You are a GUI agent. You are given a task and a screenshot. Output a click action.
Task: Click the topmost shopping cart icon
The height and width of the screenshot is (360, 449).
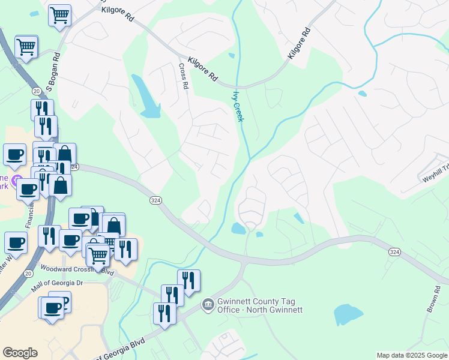(x=59, y=15)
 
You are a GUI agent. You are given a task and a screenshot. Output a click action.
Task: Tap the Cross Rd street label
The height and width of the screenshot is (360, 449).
(x=182, y=76)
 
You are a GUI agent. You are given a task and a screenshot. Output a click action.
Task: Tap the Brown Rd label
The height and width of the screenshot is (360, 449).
(x=433, y=298)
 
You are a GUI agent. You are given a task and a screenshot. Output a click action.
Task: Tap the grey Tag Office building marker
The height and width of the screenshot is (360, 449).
(x=208, y=305)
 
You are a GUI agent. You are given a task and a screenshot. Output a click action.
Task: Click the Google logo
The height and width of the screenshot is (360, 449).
(x=20, y=353)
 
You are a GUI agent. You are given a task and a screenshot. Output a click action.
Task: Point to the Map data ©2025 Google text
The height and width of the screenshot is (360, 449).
(x=411, y=355)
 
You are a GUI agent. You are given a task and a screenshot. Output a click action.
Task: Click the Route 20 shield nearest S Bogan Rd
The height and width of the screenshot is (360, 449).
(x=37, y=91)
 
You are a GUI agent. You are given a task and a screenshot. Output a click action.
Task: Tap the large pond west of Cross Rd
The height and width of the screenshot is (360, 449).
(x=146, y=96)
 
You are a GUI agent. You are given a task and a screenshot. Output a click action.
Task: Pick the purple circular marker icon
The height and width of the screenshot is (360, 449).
(x=16, y=179)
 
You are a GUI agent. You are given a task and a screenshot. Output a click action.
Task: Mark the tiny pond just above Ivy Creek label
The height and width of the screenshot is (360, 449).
(x=232, y=56)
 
